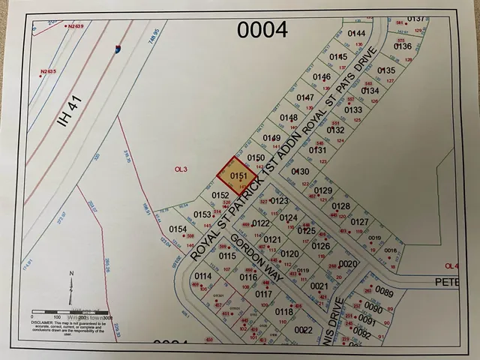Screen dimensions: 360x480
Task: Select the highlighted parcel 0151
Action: click(x=238, y=177)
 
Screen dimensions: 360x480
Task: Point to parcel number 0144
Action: click(x=356, y=34)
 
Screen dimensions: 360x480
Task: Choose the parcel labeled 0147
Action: click(x=305, y=97)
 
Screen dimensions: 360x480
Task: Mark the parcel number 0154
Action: click(x=178, y=229)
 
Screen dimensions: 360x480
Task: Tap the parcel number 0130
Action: click(x=300, y=172)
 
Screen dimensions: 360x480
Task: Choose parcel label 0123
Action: click(x=280, y=201)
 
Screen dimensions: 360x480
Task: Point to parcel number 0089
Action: click(x=385, y=292)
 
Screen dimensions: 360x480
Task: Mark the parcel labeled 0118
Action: click(x=283, y=311)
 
